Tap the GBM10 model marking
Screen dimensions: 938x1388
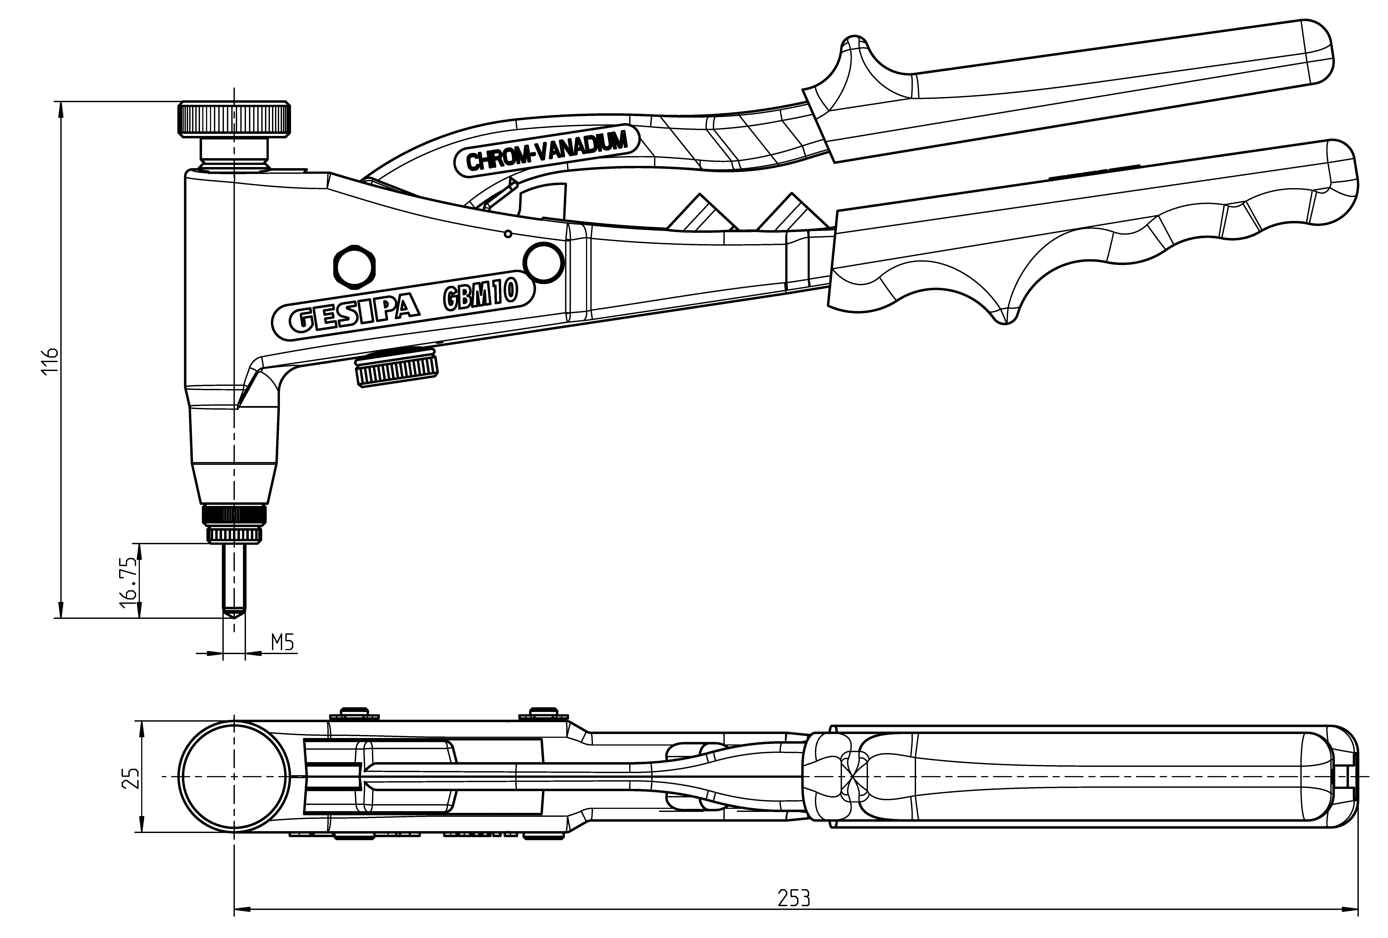(x=480, y=296)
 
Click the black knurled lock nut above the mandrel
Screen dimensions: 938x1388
(x=234, y=514)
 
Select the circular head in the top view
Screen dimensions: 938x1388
(x=234, y=777)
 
